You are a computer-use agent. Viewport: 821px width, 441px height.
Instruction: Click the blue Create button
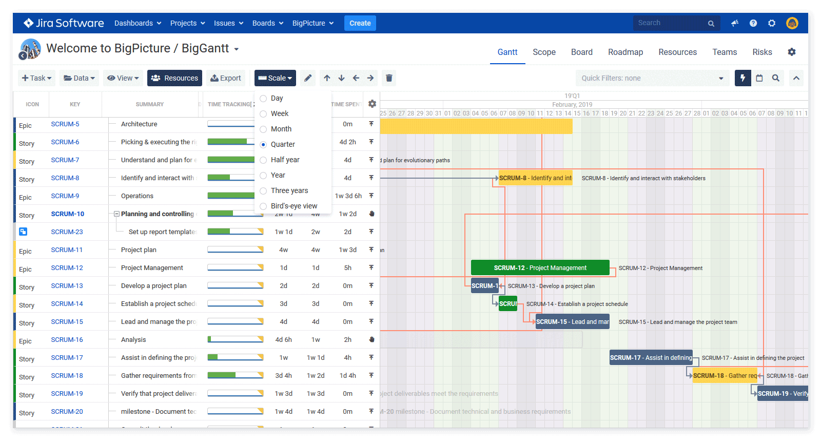(x=360, y=23)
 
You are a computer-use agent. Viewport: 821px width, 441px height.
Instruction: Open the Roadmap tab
(x=625, y=52)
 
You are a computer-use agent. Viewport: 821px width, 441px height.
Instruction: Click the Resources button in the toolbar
(x=174, y=78)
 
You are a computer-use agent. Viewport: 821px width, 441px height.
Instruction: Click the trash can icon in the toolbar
(x=389, y=78)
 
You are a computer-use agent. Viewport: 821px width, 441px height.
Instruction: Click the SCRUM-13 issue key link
(x=67, y=286)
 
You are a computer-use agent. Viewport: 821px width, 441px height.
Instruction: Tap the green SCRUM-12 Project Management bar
(x=540, y=268)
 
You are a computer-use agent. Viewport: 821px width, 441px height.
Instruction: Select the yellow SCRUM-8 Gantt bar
(x=535, y=178)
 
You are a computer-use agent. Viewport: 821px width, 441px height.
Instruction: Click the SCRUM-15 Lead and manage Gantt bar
(x=572, y=322)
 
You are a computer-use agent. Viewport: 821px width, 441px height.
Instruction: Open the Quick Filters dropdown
(x=652, y=78)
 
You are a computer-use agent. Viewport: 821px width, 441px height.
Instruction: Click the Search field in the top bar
(x=670, y=23)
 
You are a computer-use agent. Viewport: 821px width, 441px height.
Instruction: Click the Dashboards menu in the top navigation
(x=138, y=23)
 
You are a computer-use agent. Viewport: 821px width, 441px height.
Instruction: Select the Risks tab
(x=762, y=52)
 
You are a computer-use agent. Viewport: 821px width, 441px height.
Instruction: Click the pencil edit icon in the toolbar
(x=308, y=78)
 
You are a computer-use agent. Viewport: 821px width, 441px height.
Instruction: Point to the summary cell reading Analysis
(x=133, y=340)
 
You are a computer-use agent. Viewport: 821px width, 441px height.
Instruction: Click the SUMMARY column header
(x=149, y=104)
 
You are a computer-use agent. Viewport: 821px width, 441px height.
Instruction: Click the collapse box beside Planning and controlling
(x=116, y=214)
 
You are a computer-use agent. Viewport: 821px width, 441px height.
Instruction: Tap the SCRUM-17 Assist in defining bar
(x=650, y=358)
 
